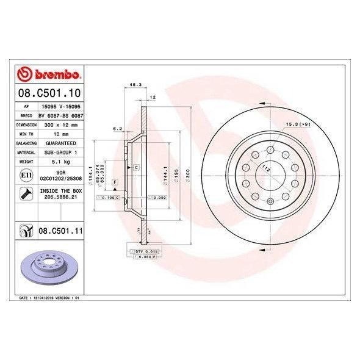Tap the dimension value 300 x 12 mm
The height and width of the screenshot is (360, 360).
click(x=60, y=123)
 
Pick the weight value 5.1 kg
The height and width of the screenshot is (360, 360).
click(x=60, y=162)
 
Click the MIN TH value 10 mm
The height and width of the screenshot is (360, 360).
click(x=60, y=133)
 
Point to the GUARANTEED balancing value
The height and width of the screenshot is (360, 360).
click(x=60, y=142)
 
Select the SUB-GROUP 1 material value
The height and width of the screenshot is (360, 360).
click(x=60, y=152)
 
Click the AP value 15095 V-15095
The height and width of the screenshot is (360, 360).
click(x=60, y=105)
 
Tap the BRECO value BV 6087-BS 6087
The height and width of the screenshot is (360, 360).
click(x=60, y=114)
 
